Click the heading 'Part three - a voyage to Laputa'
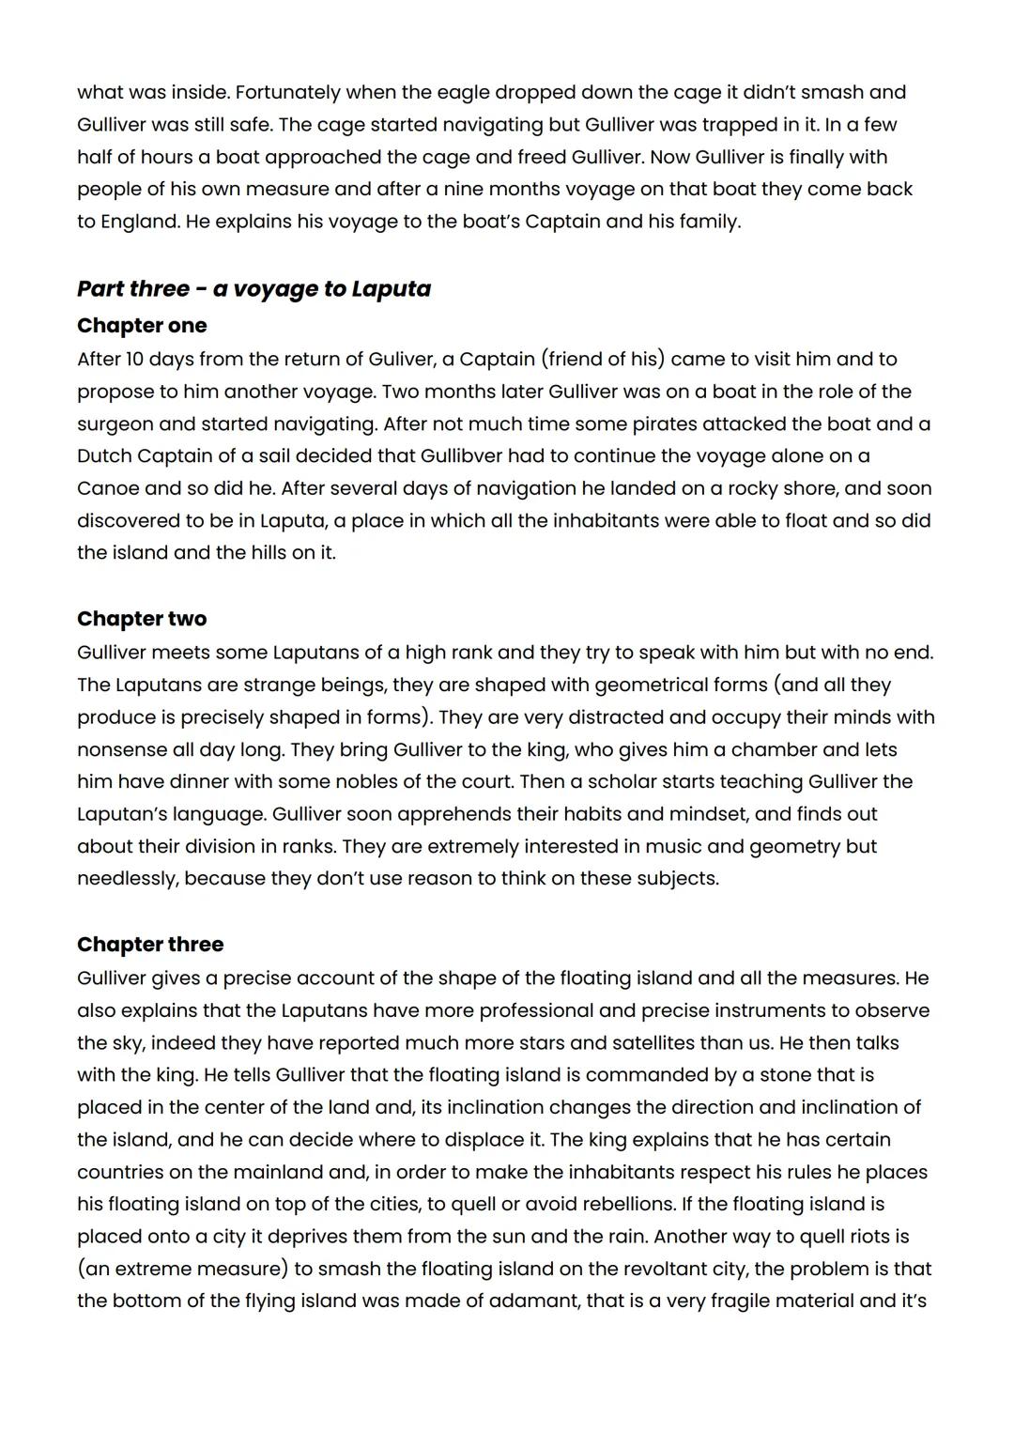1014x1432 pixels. tap(253, 288)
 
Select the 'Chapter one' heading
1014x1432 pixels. tap(142, 325)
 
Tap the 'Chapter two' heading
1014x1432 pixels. tap(142, 618)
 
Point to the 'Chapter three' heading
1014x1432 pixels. tap(150, 944)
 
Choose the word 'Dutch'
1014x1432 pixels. tap(104, 455)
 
